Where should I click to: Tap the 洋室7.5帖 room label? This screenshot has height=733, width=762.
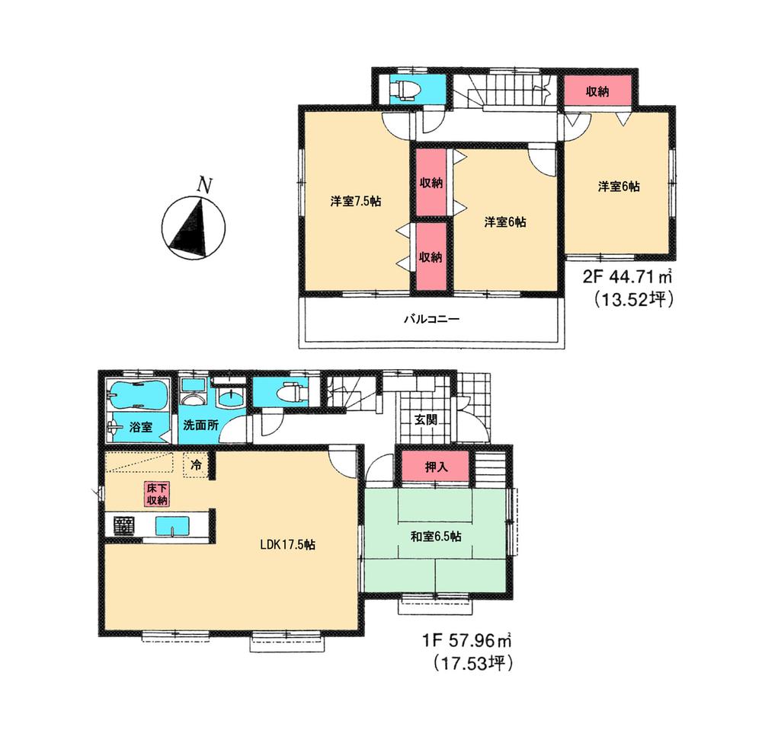click(x=356, y=202)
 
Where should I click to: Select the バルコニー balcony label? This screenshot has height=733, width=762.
click(x=431, y=318)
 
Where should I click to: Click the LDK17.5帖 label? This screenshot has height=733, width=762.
click(x=288, y=545)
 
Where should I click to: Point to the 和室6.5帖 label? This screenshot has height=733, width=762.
click(x=436, y=536)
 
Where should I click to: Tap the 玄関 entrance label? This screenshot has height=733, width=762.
click(x=425, y=419)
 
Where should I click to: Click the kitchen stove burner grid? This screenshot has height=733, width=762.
click(x=124, y=525)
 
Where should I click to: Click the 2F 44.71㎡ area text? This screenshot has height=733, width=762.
click(x=627, y=277)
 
